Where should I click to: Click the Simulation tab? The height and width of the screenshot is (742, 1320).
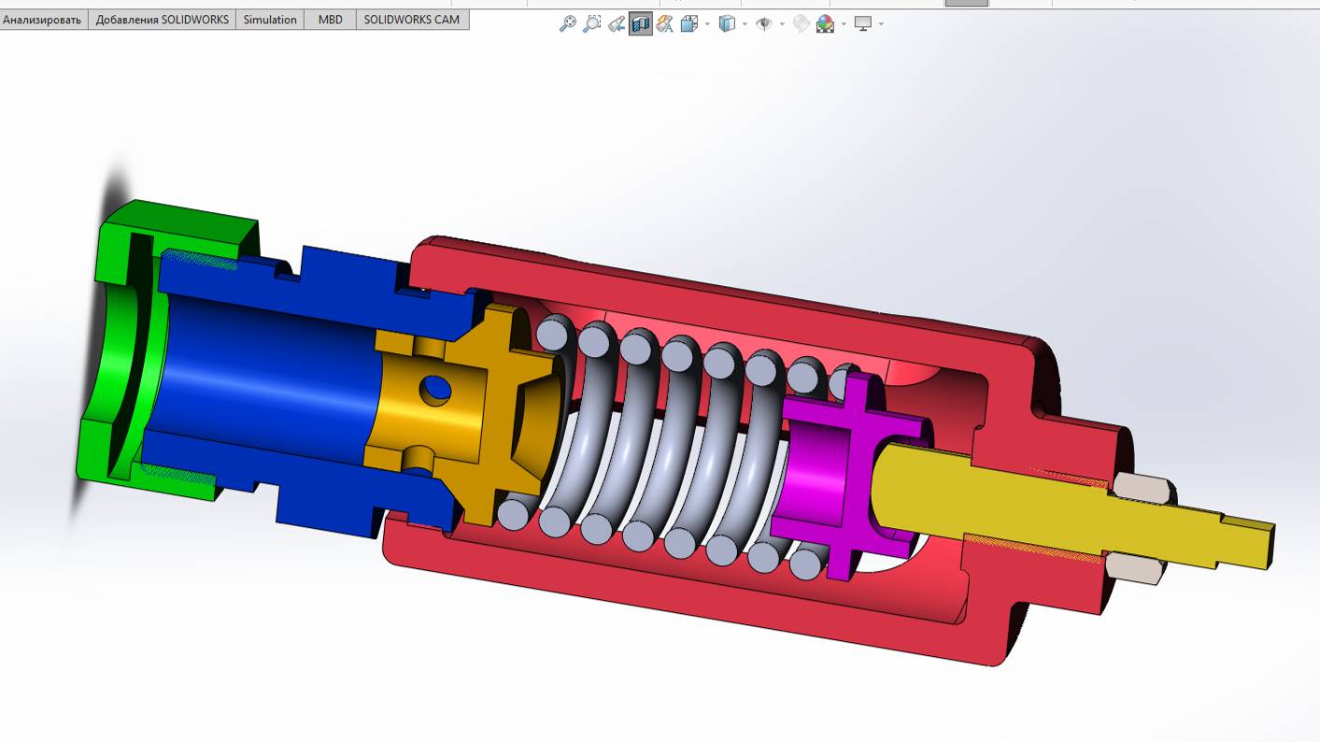pyautogui.click(x=270, y=20)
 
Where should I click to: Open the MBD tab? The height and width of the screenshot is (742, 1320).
pyautogui.click(x=330, y=20)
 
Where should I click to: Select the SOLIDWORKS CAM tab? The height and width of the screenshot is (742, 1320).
pyautogui.click(x=411, y=20)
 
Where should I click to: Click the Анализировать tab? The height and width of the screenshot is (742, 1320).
pyautogui.click(x=42, y=20)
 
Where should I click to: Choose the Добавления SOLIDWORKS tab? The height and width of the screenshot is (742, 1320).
pyautogui.click(x=162, y=20)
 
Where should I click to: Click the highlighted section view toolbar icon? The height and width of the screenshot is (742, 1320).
pyautogui.click(x=640, y=24)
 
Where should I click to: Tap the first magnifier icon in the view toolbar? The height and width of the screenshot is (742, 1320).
pyautogui.click(x=567, y=24)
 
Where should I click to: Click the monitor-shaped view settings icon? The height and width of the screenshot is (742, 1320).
pyautogui.click(x=862, y=24)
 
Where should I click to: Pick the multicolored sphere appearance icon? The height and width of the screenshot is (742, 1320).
pyautogui.click(x=825, y=24)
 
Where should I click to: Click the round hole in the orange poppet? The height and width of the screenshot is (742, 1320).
pyautogui.click(x=434, y=390)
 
